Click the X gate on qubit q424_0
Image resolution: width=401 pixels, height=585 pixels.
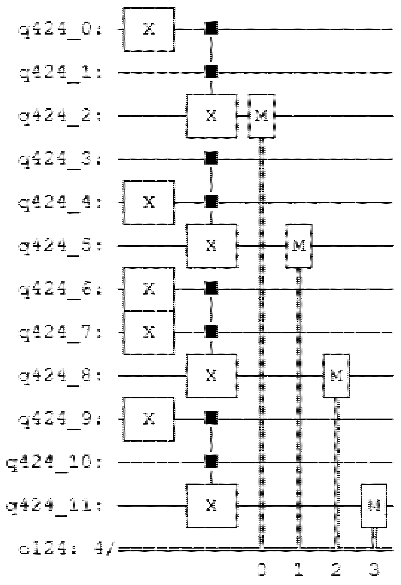(x=149, y=30)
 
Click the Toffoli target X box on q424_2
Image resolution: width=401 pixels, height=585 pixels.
(x=211, y=116)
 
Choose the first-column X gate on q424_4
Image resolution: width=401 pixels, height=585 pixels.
(x=149, y=203)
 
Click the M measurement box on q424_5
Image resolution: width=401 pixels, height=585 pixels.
(x=299, y=246)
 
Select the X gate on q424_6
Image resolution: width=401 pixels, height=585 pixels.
(x=149, y=289)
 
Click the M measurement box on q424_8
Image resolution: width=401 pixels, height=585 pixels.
(x=336, y=376)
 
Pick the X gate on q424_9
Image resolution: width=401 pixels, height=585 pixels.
(x=149, y=419)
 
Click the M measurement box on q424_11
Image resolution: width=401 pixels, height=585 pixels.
(x=374, y=506)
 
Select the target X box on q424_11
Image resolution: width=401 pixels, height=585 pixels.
(x=211, y=506)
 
